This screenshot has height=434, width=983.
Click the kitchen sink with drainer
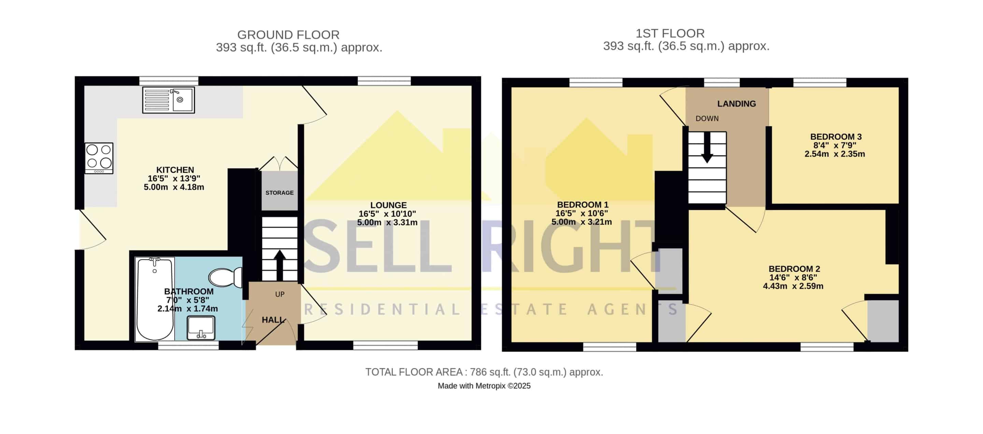point(168,100)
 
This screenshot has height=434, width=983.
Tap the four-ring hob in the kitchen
point(99,158)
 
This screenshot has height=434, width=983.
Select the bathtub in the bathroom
point(155,299)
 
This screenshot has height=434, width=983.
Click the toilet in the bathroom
point(225,277)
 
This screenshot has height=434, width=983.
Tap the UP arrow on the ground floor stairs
point(280,265)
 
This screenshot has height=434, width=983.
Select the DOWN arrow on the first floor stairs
point(707,147)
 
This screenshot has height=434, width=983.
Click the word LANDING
point(737,104)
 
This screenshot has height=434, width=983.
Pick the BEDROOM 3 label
point(836,136)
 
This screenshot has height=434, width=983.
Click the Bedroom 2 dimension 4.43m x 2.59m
point(793,286)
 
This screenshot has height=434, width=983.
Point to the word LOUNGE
point(388,205)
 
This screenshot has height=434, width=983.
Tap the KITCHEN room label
point(175,170)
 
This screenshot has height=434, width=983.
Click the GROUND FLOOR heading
point(288,35)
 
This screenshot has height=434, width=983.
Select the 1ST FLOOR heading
point(670,33)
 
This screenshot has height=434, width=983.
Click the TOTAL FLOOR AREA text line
point(484,372)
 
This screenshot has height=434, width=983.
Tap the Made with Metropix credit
point(484,386)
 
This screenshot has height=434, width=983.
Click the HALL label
point(273,320)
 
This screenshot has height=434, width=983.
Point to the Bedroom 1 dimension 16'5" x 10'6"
point(582,213)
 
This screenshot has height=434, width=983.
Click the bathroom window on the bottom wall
point(188,346)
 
